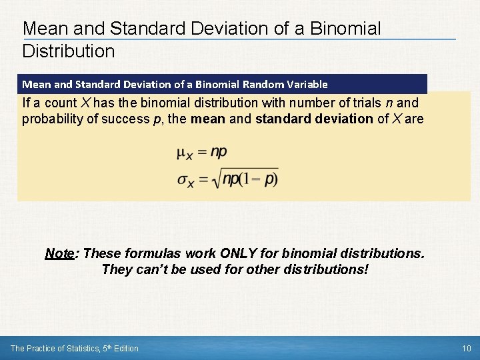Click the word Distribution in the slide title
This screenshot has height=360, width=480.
pos(69,51)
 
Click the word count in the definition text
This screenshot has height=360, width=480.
pos(61,103)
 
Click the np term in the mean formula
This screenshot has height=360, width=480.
pos(219,152)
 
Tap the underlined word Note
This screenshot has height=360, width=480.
pos(59,254)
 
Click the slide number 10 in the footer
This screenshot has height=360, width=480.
pos(466,348)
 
